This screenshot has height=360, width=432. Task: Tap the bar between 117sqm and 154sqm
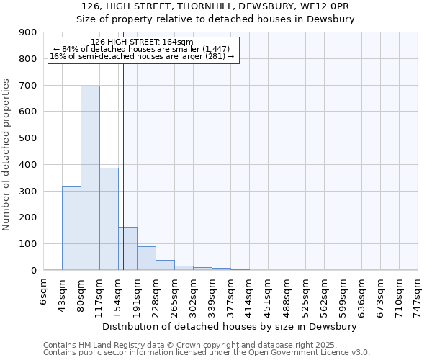[109, 219]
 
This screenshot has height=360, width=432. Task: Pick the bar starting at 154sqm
[127, 248]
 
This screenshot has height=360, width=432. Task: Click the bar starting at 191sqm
[146, 258]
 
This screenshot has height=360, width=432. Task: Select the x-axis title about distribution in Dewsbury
[230, 326]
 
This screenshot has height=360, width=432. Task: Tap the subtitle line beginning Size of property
[215, 19]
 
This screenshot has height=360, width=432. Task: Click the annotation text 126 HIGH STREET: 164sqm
[143, 42]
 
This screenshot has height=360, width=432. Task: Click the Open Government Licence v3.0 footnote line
[207, 353]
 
